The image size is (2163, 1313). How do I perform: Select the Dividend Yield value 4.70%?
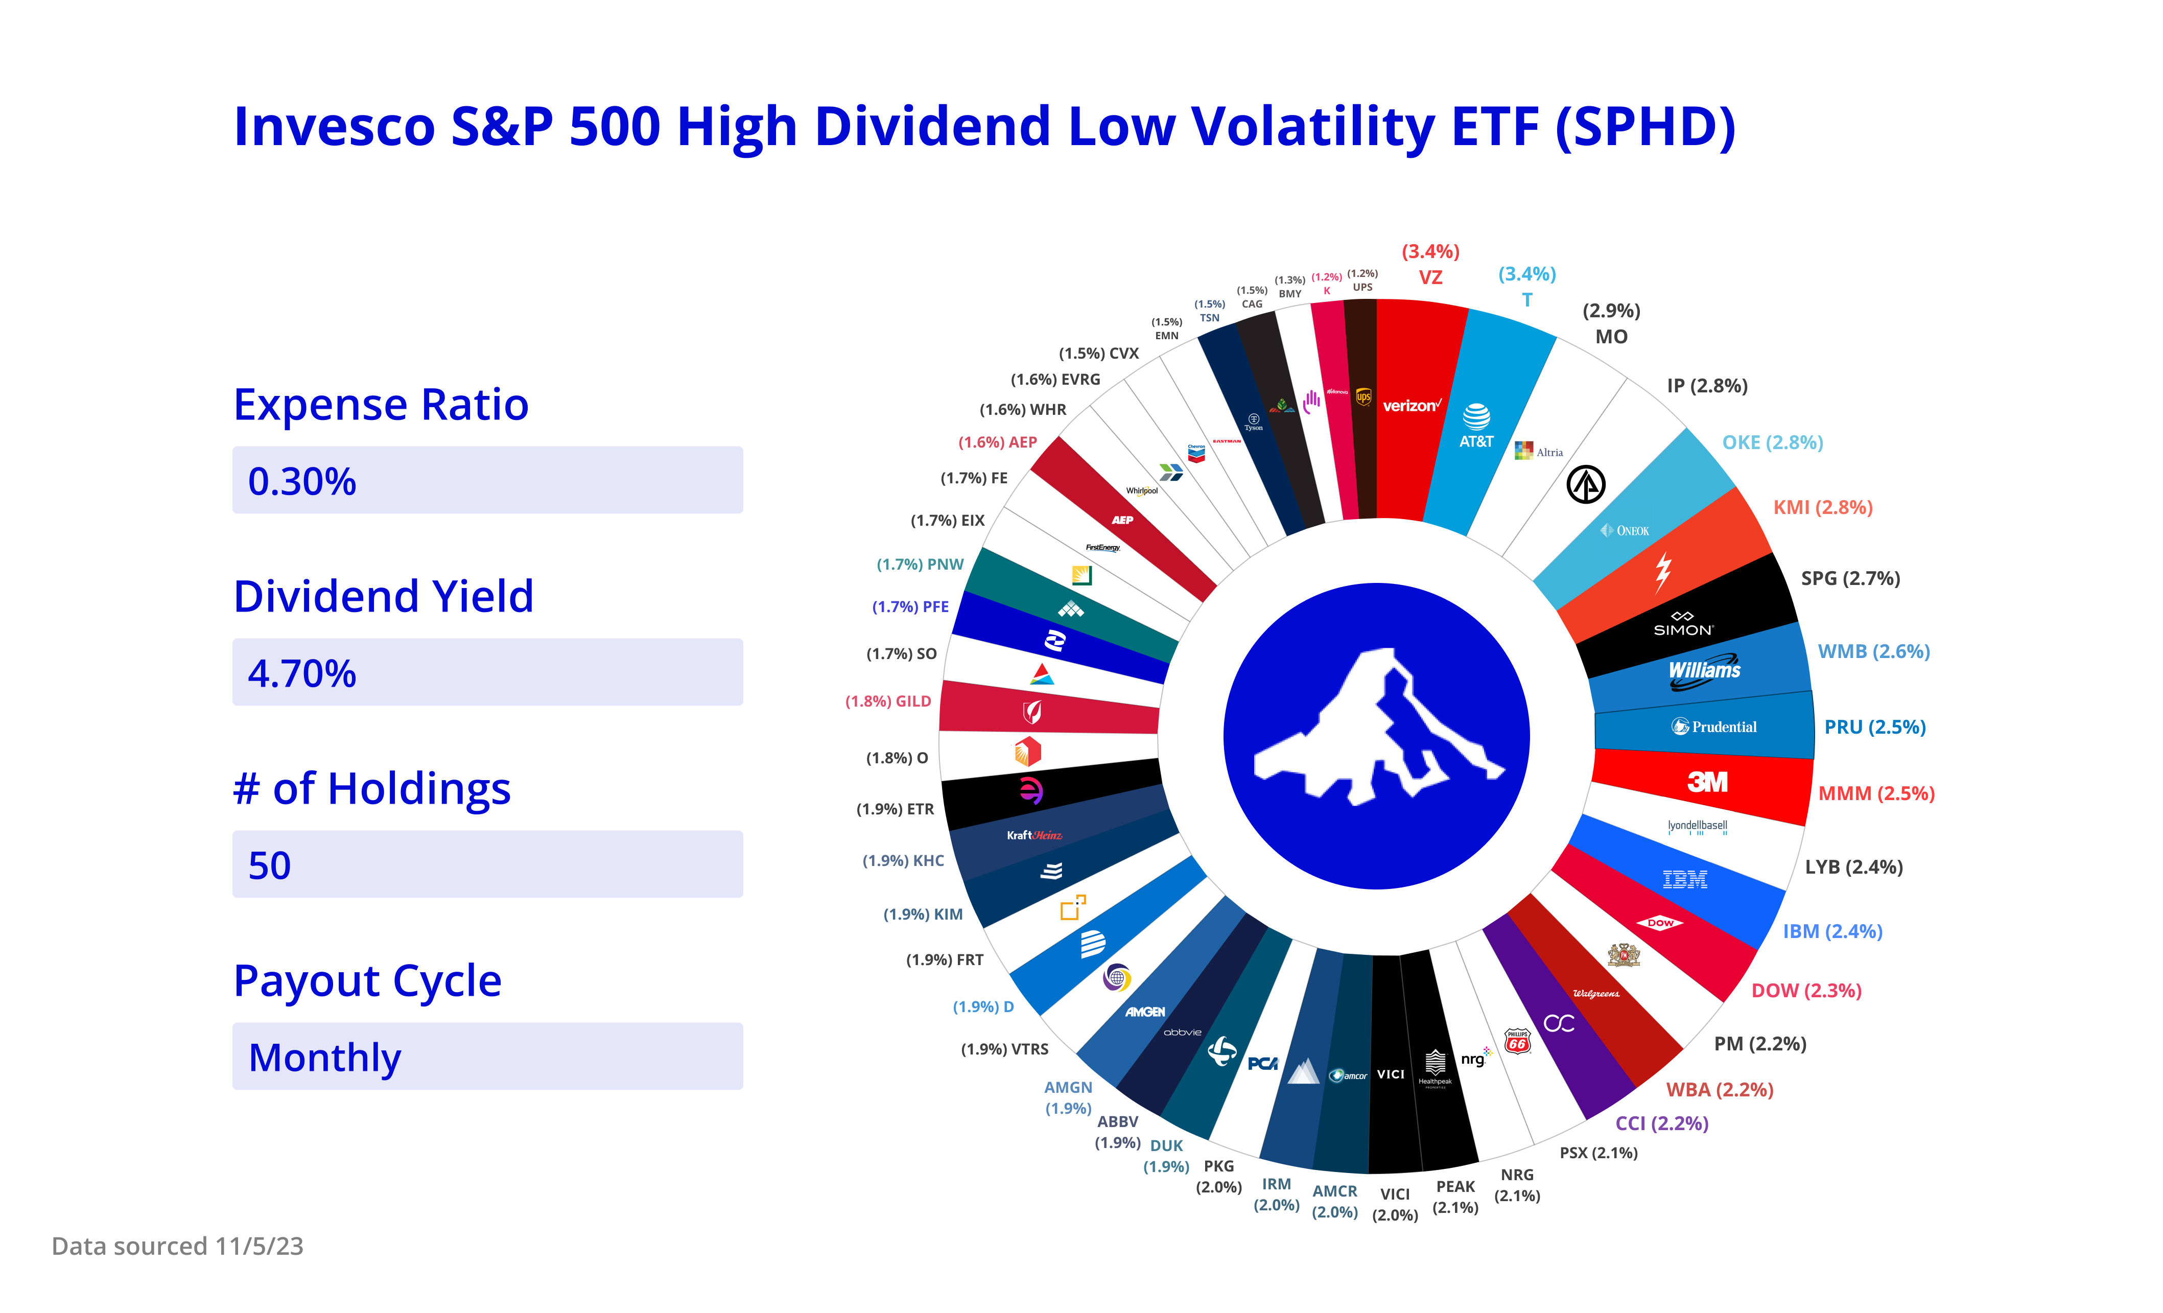pyautogui.click(x=302, y=673)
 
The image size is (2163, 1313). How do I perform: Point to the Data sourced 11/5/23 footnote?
pyautogui.click(x=177, y=1246)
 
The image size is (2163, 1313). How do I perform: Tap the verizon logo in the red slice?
pyautogui.click(x=1410, y=406)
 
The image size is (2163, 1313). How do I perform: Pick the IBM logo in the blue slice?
pyautogui.click(x=1685, y=879)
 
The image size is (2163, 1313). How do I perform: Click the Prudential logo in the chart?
pyautogui.click(x=1714, y=726)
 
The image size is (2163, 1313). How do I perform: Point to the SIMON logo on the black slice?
pyautogui.click(x=1683, y=624)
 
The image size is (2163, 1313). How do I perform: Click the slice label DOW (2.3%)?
pyautogui.click(x=1806, y=991)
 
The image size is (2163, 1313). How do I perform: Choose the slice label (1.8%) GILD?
pyautogui.click(x=887, y=701)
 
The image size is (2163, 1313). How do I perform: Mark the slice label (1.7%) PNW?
pyautogui.click(x=920, y=565)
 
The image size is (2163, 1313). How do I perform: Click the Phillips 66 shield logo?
pyautogui.click(x=1517, y=1041)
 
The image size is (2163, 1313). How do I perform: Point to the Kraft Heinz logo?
pyautogui.click(x=1034, y=835)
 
